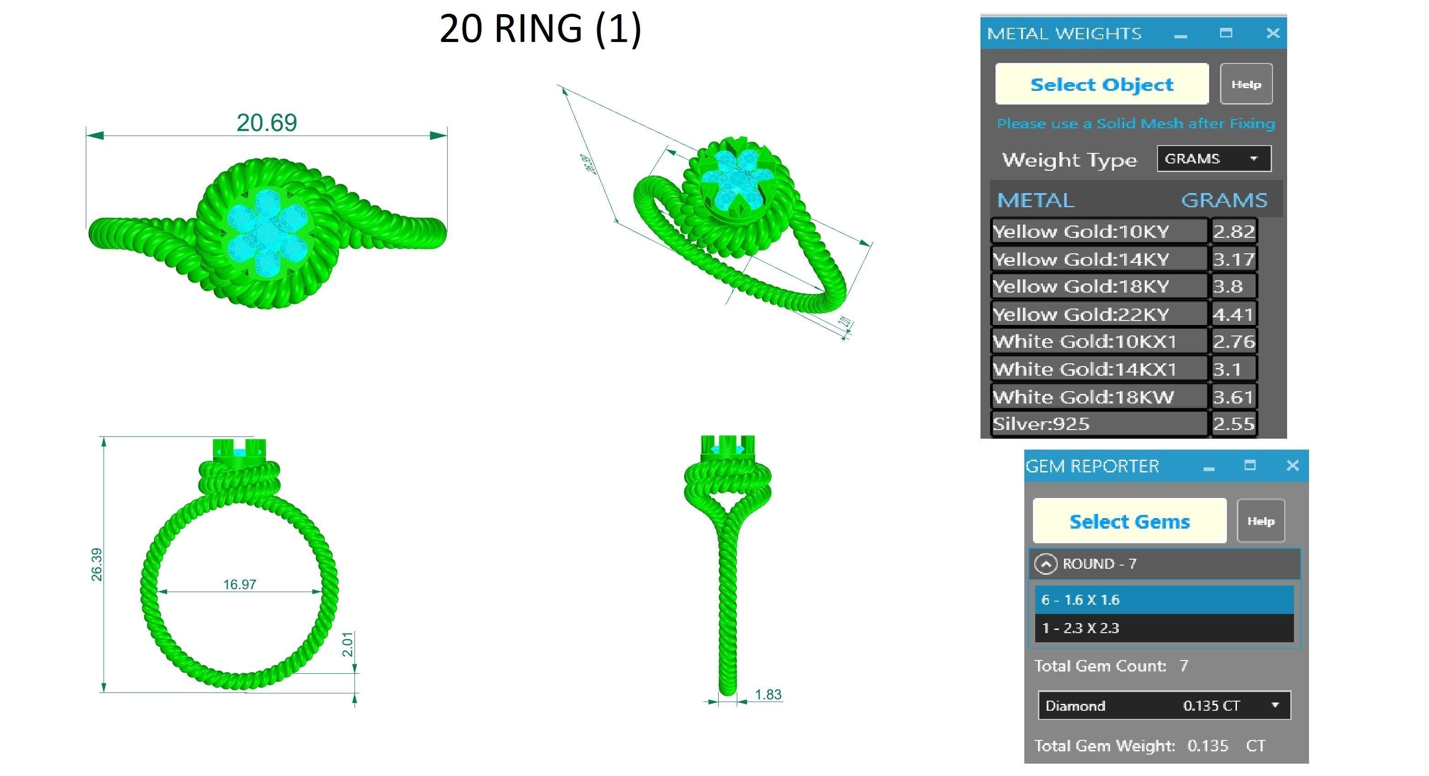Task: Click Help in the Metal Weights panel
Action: pyautogui.click(x=1246, y=84)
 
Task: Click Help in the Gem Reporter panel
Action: pyautogui.click(x=1260, y=521)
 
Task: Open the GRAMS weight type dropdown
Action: pyautogui.click(x=1213, y=159)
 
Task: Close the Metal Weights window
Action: pyautogui.click(x=1273, y=33)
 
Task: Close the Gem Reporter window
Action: pyautogui.click(x=1292, y=465)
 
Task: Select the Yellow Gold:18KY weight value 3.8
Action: pyautogui.click(x=1233, y=286)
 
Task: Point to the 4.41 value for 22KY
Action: pyautogui.click(x=1233, y=314)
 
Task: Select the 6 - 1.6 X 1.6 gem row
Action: pyautogui.click(x=1163, y=599)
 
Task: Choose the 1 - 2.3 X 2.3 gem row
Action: pyautogui.click(x=1163, y=628)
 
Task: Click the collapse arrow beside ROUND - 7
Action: pyautogui.click(x=1046, y=564)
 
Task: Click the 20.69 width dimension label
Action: pyautogui.click(x=267, y=123)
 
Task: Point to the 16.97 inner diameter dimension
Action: pyautogui.click(x=240, y=584)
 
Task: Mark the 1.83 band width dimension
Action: pyautogui.click(x=768, y=694)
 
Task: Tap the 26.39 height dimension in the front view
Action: pyautogui.click(x=97, y=565)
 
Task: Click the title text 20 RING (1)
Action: pyautogui.click(x=540, y=29)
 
